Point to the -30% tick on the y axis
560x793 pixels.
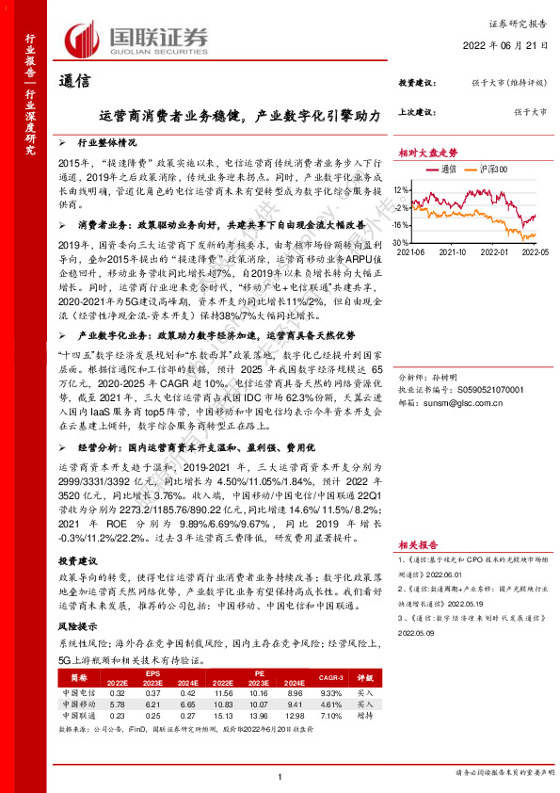click(403, 242)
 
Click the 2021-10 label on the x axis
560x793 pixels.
click(453, 251)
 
